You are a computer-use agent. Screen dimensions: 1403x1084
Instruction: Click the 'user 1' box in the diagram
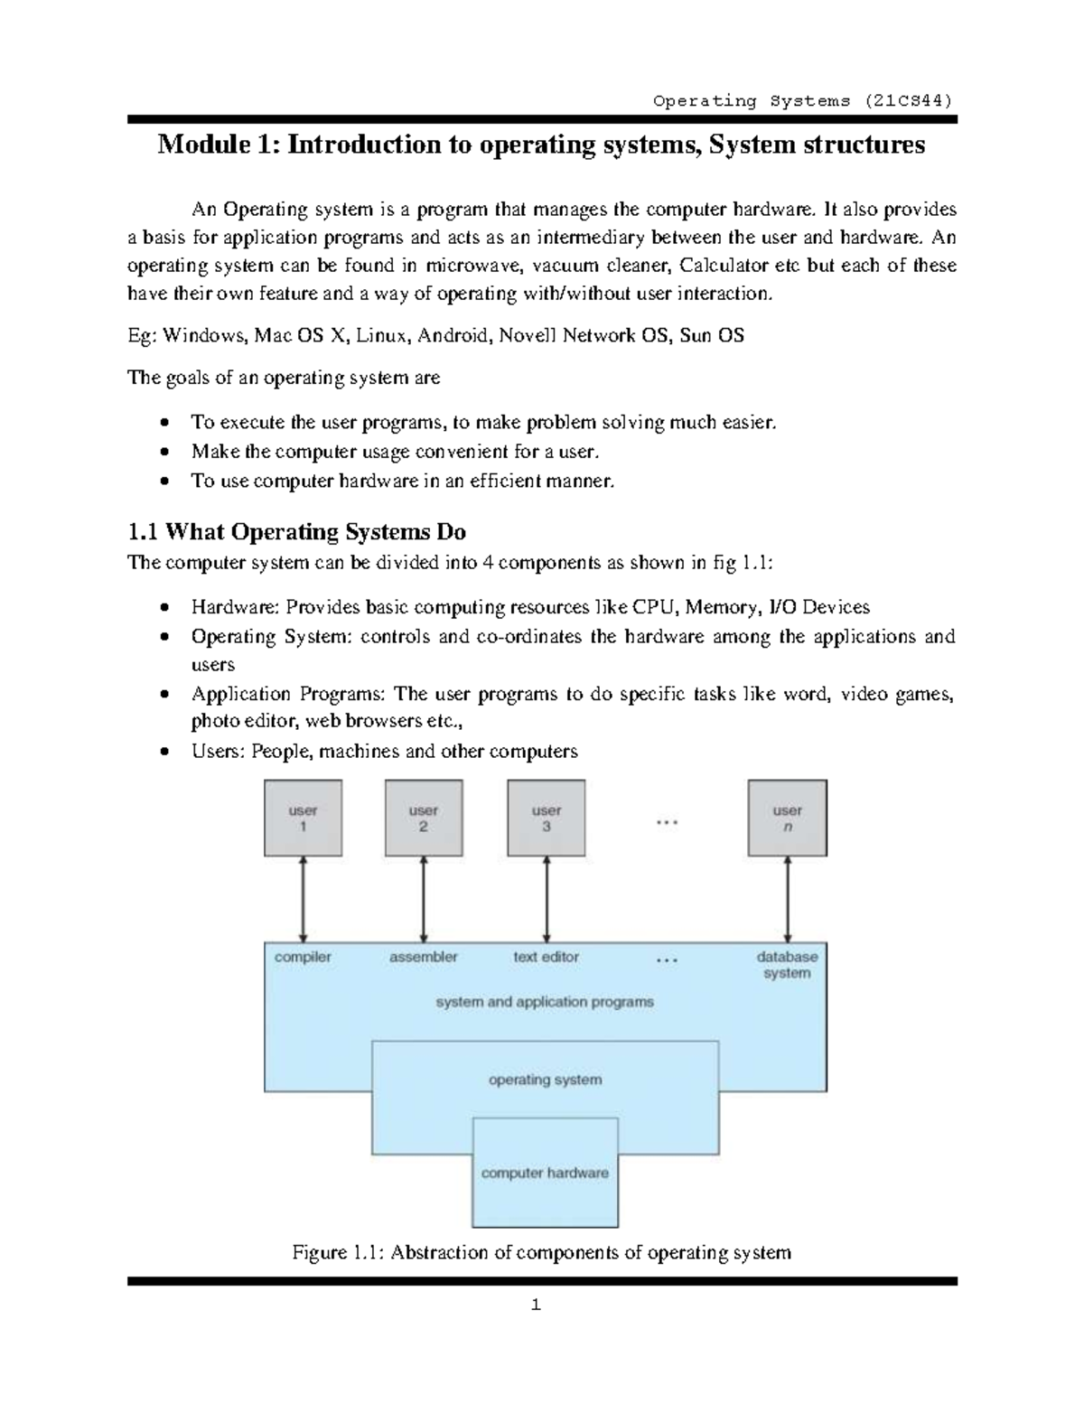coord(303,818)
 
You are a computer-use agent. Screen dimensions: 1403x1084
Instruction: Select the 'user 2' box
coord(424,818)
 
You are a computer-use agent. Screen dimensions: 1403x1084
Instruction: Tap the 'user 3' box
coord(546,818)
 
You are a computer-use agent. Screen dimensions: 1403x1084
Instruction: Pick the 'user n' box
coord(787,818)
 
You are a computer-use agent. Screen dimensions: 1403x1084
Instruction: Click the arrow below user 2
coord(424,900)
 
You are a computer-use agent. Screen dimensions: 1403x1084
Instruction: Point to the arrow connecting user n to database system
coord(788,900)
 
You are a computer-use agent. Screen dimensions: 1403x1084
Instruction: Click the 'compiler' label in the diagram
coord(303,957)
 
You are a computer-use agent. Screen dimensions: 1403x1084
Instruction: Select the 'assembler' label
coord(423,957)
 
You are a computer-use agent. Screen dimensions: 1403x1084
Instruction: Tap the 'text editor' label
coord(546,957)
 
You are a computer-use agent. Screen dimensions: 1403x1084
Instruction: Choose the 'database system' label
coord(787,965)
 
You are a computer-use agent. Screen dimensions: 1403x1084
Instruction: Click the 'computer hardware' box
coord(545,1173)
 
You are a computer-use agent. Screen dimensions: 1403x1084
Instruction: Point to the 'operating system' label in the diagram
coord(545,1080)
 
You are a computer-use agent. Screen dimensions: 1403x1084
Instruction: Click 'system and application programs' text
coord(545,1002)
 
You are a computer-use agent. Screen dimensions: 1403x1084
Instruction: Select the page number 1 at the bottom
coord(537,1305)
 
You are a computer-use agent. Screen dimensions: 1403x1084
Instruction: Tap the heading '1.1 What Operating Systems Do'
coord(297,531)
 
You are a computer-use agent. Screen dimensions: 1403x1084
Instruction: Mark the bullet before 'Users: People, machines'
coord(164,752)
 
